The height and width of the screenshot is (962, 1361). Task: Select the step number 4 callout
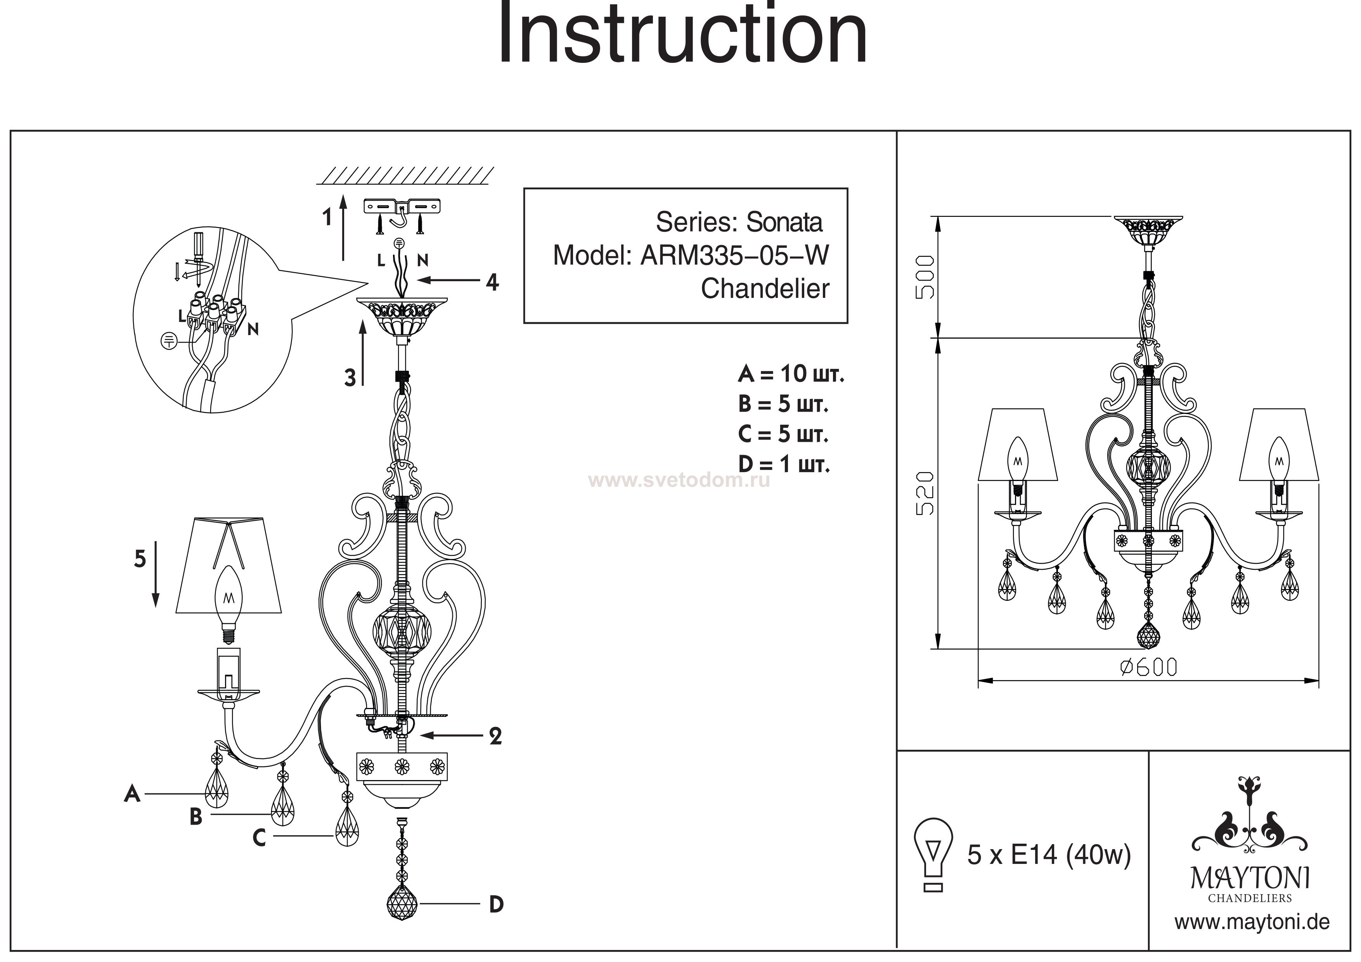pos(492,282)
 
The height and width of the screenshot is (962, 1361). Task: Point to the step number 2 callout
pos(495,736)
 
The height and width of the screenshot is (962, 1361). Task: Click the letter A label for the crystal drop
pos(132,793)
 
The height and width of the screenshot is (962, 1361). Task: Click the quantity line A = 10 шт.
pos(791,374)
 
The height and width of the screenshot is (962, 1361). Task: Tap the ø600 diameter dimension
pos(1148,668)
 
